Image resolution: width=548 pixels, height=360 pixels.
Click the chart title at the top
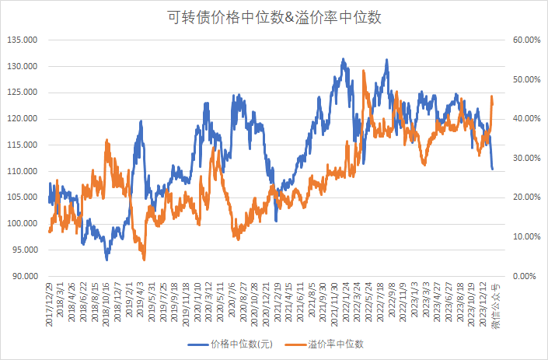[x=274, y=16]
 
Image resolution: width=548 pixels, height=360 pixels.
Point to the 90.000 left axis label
[x=23, y=276]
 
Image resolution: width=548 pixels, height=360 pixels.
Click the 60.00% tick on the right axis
[x=524, y=40]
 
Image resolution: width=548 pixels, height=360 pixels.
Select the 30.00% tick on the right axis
[x=524, y=158]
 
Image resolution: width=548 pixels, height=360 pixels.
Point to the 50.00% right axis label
[x=524, y=79]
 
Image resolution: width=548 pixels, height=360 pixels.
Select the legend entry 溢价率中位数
[x=336, y=343]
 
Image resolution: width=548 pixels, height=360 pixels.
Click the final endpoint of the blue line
[x=492, y=169]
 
